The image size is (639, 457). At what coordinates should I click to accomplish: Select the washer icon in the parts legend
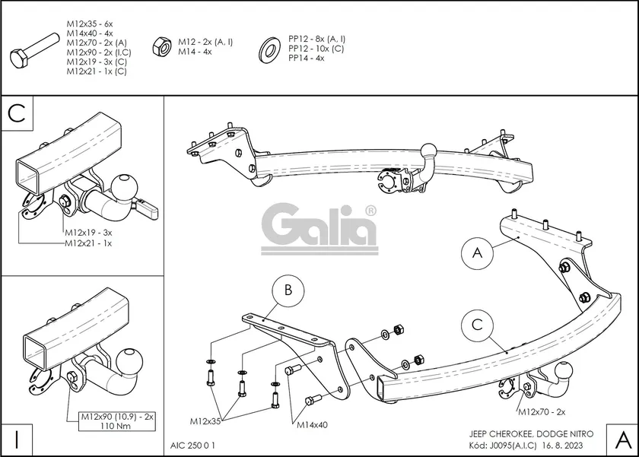269,48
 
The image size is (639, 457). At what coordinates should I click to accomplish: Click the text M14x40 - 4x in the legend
89,33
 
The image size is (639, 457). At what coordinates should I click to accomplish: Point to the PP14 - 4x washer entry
306,58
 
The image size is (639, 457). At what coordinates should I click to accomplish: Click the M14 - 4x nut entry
195,52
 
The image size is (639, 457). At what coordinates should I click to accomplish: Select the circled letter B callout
288,290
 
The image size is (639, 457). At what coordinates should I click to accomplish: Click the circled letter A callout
477,253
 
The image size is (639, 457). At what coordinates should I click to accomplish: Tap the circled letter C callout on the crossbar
477,325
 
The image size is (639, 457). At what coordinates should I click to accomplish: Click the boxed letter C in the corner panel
18,113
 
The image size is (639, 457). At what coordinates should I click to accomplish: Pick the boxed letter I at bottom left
17,439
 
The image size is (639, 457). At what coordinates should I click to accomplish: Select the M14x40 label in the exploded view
312,424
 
